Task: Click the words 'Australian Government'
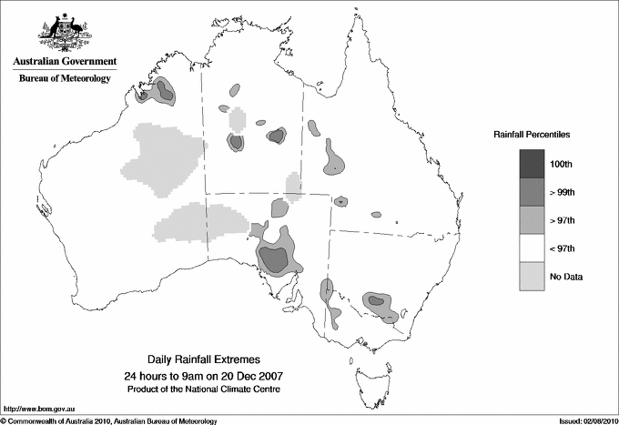[x=64, y=61]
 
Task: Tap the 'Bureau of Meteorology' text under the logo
[x=64, y=78]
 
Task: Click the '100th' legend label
[x=561, y=163]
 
